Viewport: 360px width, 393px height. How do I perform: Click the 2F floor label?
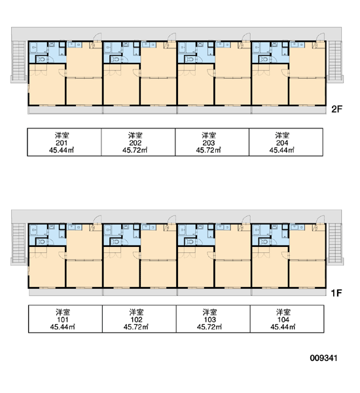[x=336, y=109]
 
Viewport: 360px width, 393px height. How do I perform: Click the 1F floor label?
[x=336, y=293]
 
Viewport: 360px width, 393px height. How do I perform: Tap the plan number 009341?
[x=323, y=358]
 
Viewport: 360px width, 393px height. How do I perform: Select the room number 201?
[x=62, y=143]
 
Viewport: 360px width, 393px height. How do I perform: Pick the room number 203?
[x=209, y=143]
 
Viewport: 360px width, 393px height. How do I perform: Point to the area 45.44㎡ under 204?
[x=282, y=150]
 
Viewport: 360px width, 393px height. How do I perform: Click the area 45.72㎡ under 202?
[x=135, y=150]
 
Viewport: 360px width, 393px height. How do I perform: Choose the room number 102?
[x=136, y=320]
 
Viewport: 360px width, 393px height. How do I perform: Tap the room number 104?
[x=283, y=320]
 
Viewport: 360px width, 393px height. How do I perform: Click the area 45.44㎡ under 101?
[x=62, y=327]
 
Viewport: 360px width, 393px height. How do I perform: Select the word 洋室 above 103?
[x=209, y=312]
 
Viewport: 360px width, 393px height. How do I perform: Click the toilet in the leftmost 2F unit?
[x=42, y=60]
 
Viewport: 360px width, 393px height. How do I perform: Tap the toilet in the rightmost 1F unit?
[x=264, y=242]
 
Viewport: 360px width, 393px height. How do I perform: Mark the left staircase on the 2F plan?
[x=19, y=61]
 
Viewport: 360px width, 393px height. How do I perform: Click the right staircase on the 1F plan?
[x=335, y=243]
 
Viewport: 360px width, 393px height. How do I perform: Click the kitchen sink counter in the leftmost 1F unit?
[x=75, y=227]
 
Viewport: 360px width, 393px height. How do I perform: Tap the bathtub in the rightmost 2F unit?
[x=257, y=48]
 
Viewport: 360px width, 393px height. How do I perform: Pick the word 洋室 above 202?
[x=135, y=136]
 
